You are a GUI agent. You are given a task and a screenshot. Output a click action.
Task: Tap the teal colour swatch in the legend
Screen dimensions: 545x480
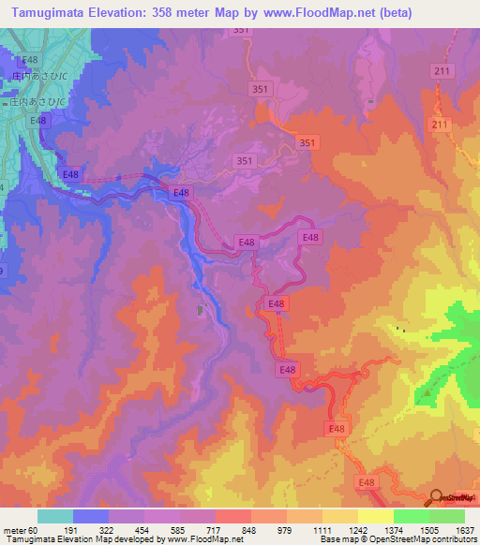point(55,516)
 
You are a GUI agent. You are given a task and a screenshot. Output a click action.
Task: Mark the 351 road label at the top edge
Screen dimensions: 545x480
point(241,31)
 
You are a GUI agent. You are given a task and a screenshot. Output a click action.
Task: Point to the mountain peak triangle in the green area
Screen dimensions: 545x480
point(427,393)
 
